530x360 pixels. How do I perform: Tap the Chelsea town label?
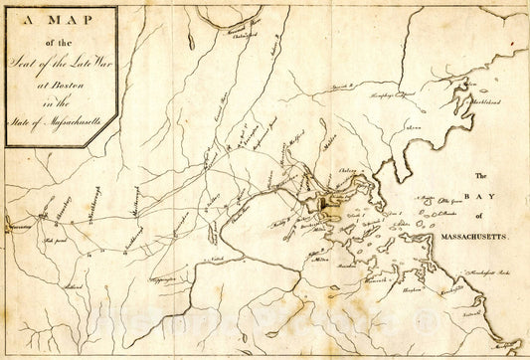(x=348, y=171)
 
